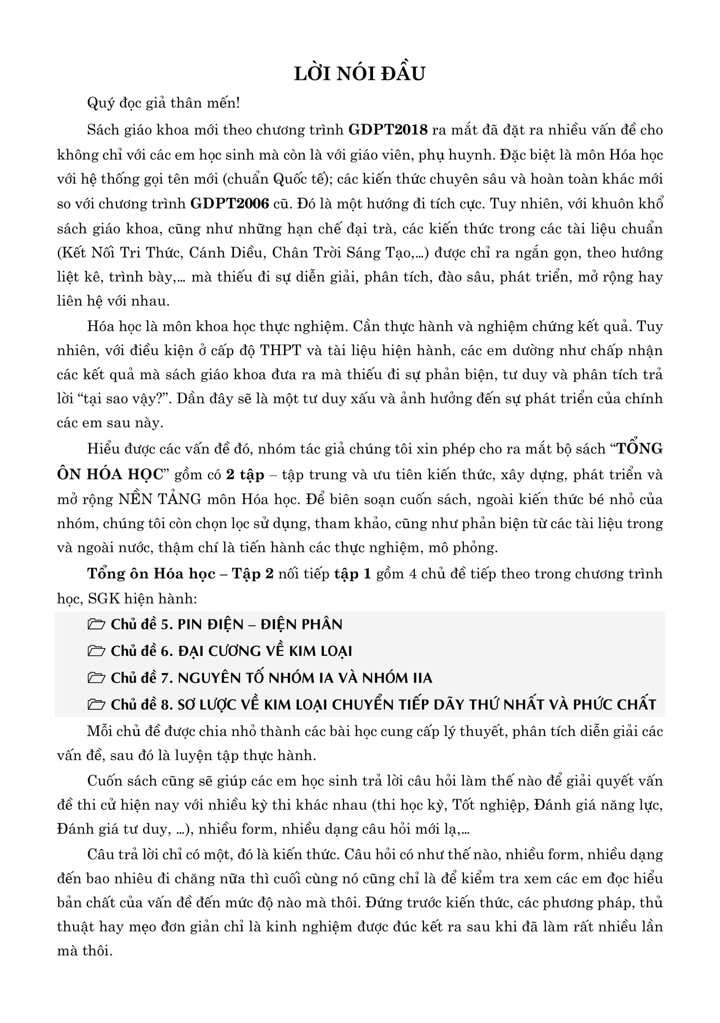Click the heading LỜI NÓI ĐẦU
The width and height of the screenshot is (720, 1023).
[x=360, y=74]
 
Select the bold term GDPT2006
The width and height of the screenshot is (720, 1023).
[x=230, y=204]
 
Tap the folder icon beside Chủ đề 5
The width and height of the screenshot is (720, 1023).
[x=96, y=625]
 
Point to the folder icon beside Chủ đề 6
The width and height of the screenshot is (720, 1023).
[x=96, y=652]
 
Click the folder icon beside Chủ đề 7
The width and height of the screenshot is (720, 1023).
[x=96, y=678]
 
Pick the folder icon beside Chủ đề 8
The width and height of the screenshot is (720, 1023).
[x=96, y=705]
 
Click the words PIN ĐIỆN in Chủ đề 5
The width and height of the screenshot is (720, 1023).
[x=208, y=625]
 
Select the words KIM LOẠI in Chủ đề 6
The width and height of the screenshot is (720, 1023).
[x=321, y=652]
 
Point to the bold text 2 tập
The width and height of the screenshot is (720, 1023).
[x=245, y=475]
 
